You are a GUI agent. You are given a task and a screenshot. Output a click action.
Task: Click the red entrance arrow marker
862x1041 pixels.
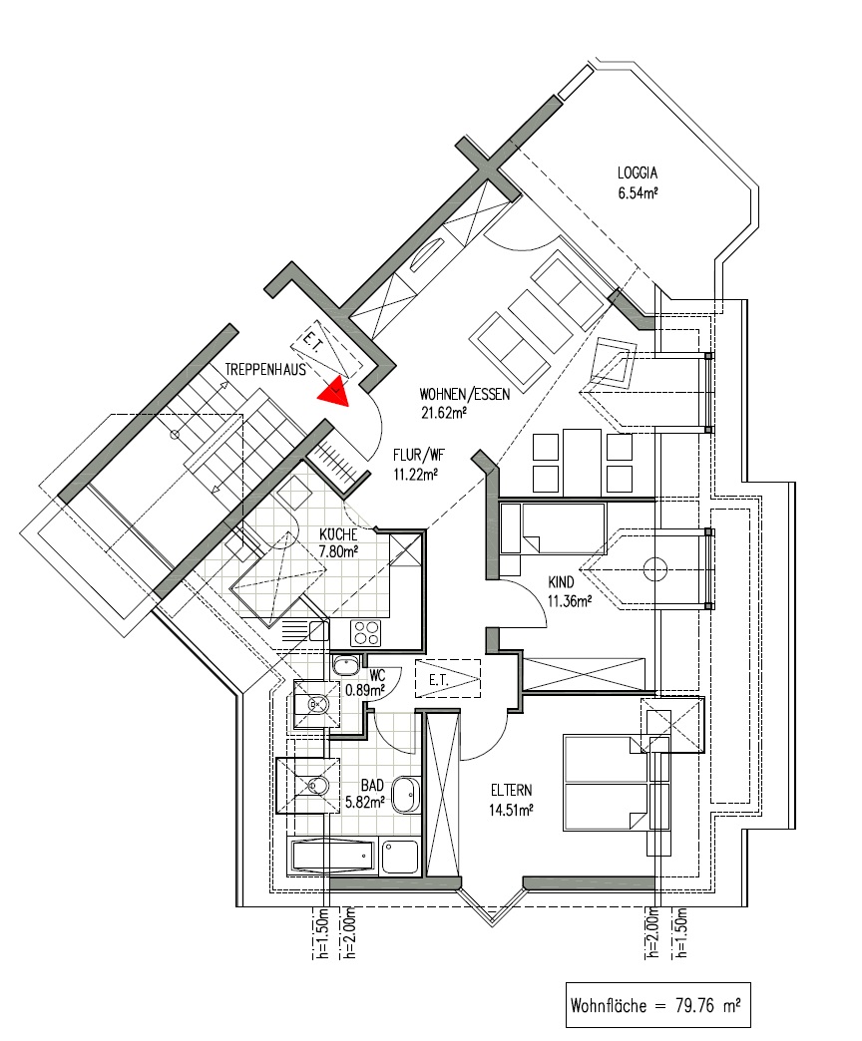[x=334, y=392]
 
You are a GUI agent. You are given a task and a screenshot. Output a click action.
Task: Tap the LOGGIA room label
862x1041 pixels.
[x=638, y=173]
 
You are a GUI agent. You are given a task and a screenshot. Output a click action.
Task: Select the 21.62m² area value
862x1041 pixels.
[x=444, y=412]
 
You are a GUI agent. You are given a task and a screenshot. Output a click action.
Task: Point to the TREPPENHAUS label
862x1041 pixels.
[x=265, y=369]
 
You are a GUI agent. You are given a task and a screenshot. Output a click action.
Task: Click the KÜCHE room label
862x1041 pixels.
[x=338, y=534]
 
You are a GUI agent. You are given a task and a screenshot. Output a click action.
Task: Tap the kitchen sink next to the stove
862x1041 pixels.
[x=306, y=629]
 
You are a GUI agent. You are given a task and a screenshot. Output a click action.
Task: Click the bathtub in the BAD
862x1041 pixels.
[x=332, y=857]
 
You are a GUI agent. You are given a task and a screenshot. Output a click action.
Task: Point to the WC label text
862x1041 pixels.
[x=377, y=676]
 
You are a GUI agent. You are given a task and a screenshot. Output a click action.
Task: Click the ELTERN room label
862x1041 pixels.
[x=512, y=791]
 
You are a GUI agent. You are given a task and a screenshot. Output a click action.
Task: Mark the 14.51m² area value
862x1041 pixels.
[x=512, y=810]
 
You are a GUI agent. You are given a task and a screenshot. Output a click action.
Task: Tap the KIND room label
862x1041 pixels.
[x=561, y=582]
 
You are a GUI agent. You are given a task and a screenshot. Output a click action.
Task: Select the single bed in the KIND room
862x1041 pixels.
[x=553, y=528]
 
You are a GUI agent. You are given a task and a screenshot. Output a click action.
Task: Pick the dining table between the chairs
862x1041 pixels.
[x=583, y=462]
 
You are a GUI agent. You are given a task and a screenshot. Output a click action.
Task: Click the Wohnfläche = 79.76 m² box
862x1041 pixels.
[x=658, y=1005]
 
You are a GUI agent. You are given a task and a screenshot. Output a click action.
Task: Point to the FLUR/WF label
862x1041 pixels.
[x=419, y=456]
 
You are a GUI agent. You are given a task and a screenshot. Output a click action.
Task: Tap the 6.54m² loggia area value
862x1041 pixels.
[x=639, y=193]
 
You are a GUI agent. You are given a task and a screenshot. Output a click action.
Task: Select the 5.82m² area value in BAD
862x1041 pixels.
[x=365, y=802]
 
